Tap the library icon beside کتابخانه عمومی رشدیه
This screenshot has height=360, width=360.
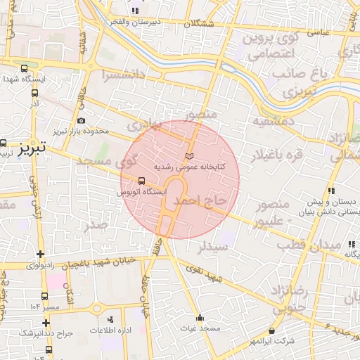(188, 155)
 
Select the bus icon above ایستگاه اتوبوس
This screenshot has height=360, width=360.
(143, 180)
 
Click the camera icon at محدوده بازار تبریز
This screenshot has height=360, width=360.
(81, 120)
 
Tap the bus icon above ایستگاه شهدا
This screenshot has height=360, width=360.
(25, 69)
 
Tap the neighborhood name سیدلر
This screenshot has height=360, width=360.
(213, 247)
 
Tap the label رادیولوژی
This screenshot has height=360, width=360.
(46, 266)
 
